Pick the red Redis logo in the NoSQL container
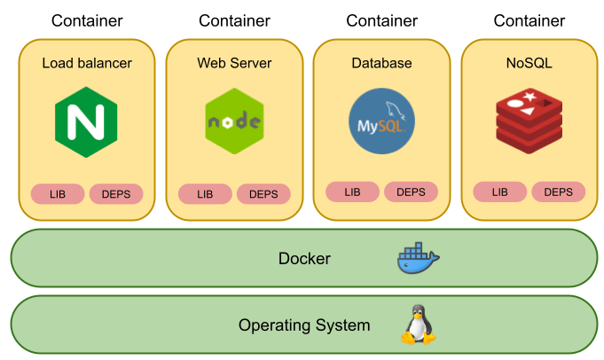(x=529, y=121)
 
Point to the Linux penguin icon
(x=418, y=325)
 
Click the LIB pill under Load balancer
(x=58, y=193)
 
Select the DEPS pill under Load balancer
(x=116, y=193)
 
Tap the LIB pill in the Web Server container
(x=205, y=193)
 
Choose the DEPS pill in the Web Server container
(x=263, y=193)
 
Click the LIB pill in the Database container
(x=352, y=192)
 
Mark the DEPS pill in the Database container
(x=411, y=192)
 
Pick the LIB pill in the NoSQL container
(x=499, y=192)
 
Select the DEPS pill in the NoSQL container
(x=558, y=192)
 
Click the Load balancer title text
(x=87, y=63)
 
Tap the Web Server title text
(x=234, y=63)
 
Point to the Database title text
(x=381, y=63)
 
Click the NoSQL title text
(x=529, y=63)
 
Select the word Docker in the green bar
(x=304, y=259)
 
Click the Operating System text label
(x=304, y=325)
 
